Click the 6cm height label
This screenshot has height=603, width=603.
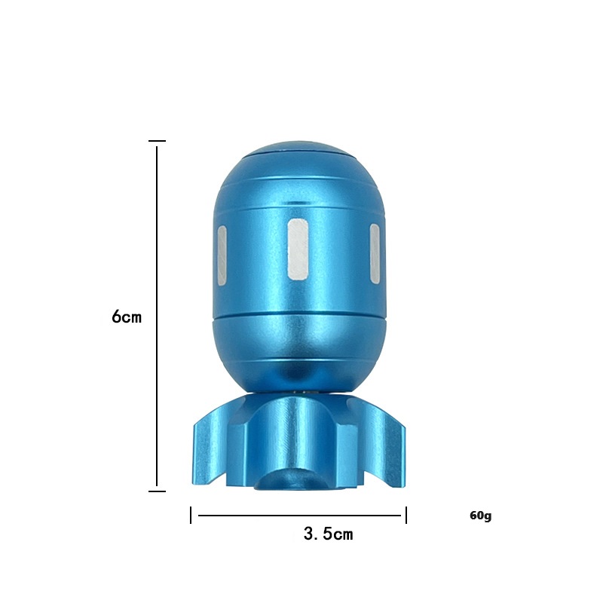click(x=127, y=317)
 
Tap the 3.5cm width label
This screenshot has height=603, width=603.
click(x=328, y=534)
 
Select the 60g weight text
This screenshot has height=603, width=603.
click(x=480, y=516)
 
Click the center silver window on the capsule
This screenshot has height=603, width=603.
click(x=298, y=249)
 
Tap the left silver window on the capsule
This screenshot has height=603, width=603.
click(x=222, y=256)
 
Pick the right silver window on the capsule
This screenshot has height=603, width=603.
click(x=374, y=254)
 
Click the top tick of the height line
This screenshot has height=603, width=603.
click(x=157, y=141)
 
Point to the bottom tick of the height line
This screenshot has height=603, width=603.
click(x=157, y=491)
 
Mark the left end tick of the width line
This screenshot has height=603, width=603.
click(x=191, y=516)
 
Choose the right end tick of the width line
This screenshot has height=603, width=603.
click(x=406, y=516)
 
